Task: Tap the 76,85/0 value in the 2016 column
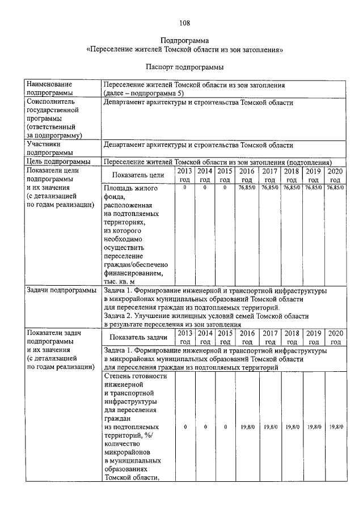pos(247,187)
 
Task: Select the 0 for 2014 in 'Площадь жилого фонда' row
pos(205,187)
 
